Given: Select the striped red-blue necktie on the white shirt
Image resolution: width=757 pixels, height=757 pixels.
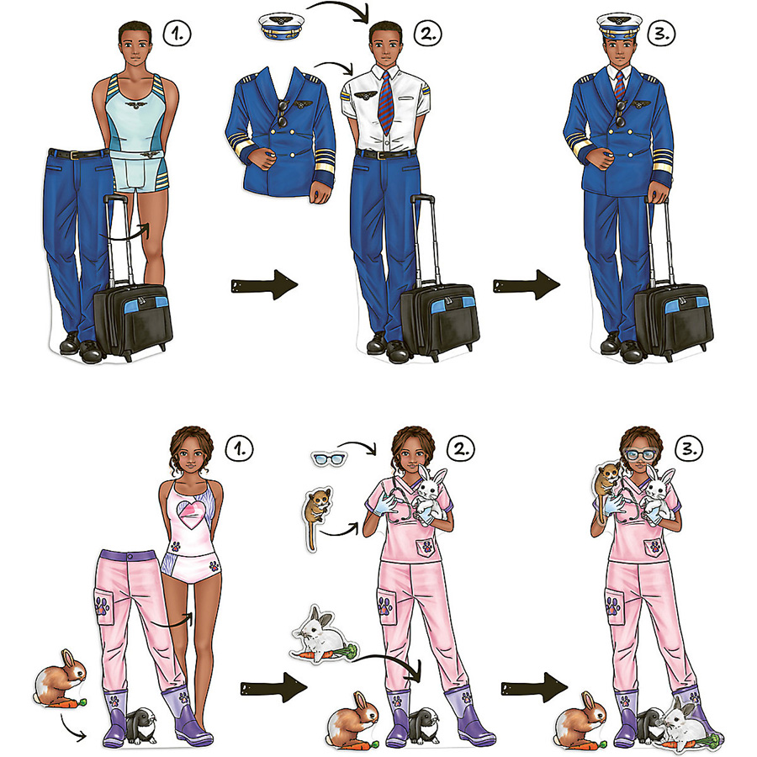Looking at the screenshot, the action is [x=386, y=103].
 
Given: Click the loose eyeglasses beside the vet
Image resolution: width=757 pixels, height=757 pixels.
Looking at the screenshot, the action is [x=329, y=458].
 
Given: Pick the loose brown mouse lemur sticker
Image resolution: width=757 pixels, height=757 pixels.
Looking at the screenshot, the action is [x=317, y=516].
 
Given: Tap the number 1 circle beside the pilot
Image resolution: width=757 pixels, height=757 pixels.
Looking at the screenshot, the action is [x=177, y=34].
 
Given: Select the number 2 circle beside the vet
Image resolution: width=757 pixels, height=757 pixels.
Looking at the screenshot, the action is [x=461, y=449].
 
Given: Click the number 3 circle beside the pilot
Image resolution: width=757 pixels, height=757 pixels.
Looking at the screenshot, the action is [x=661, y=33].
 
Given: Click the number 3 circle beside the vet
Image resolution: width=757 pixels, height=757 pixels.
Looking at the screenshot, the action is [x=689, y=449].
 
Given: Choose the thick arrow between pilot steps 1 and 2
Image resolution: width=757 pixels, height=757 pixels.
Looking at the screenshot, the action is [x=264, y=285].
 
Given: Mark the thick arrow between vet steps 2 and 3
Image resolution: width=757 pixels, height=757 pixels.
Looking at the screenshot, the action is [x=534, y=687].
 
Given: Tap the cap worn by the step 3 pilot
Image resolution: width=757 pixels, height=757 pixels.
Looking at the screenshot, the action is [x=619, y=28].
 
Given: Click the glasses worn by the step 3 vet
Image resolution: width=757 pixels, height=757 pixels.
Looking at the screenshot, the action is [x=640, y=455].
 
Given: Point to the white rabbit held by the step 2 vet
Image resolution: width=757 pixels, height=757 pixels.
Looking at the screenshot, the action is [x=431, y=494].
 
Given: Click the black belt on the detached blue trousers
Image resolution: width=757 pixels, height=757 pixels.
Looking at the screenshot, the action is [x=77, y=155].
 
